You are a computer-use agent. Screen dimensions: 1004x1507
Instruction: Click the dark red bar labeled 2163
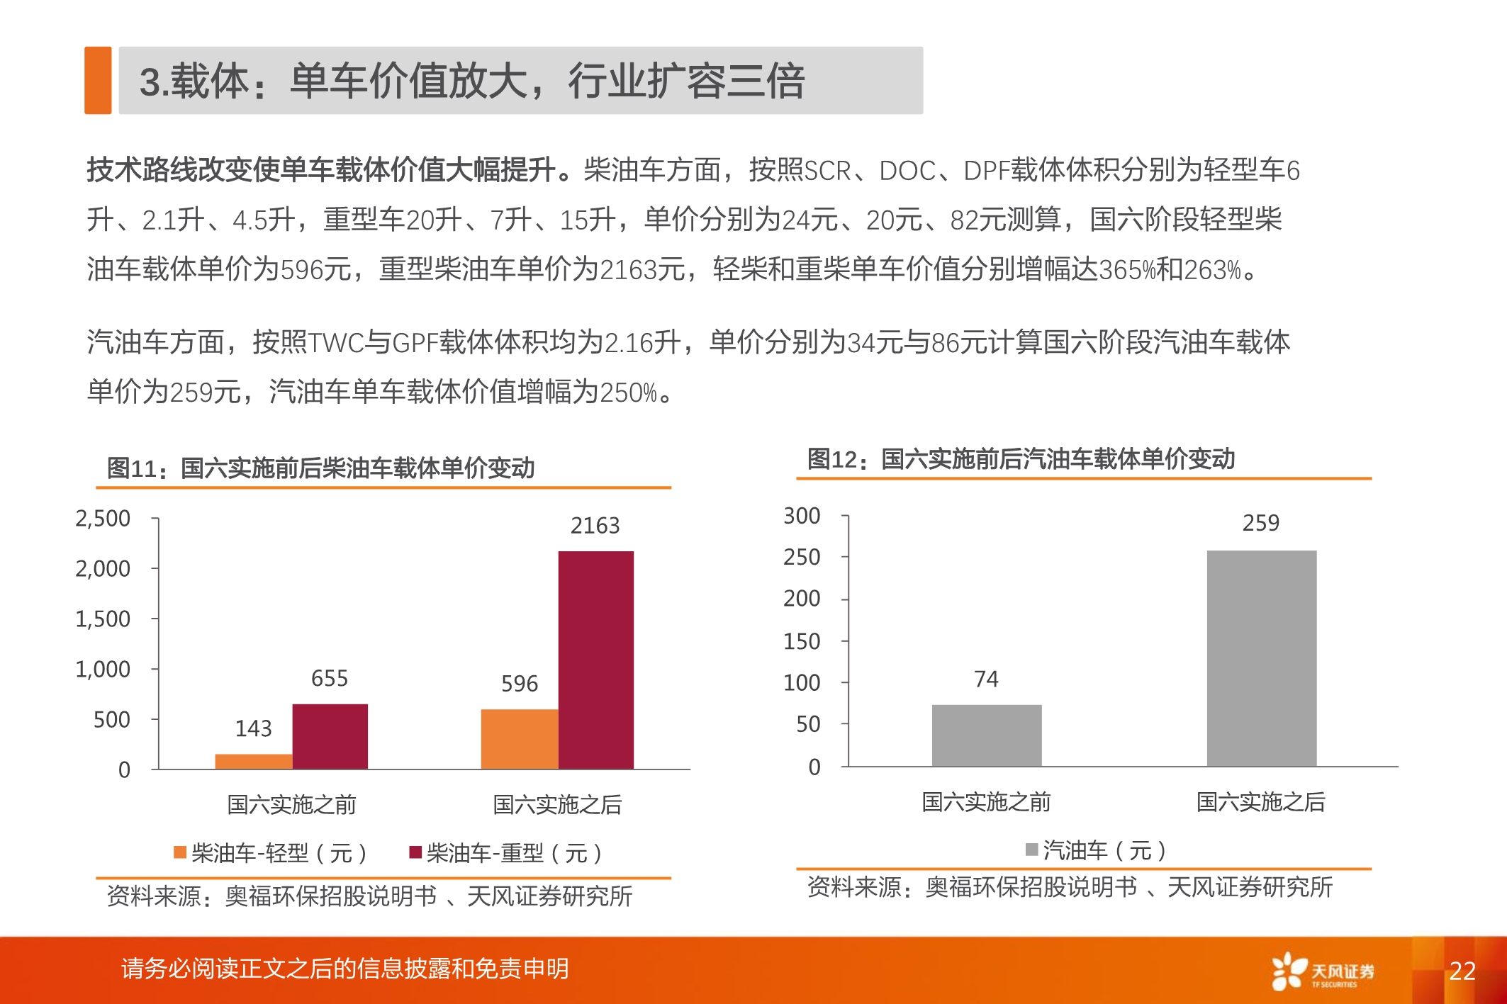(x=595, y=659)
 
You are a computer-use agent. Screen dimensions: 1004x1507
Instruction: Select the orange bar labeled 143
(x=253, y=761)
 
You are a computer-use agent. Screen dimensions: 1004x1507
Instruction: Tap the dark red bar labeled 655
(x=330, y=736)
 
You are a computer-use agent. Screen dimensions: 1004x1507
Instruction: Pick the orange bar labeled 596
(x=519, y=738)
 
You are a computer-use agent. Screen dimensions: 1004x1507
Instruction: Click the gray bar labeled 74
(x=986, y=735)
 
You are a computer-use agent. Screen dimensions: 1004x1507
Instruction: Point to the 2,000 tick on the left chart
(x=103, y=568)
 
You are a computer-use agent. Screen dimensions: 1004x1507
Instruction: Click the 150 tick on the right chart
(x=802, y=641)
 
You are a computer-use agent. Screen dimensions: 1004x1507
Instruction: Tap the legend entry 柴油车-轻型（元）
(x=271, y=852)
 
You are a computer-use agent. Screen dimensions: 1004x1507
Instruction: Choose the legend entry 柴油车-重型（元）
(x=506, y=852)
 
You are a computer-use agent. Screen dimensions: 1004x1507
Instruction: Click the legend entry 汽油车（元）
(x=1096, y=850)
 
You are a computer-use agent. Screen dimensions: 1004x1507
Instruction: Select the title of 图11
(x=320, y=468)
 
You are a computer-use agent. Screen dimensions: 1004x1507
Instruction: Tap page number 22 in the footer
(x=1462, y=970)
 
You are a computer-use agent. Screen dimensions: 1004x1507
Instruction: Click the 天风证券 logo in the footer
(x=1323, y=971)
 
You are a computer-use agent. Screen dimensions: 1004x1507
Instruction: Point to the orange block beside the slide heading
(x=98, y=80)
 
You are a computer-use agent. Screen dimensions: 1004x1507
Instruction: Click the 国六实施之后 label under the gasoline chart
(x=1260, y=802)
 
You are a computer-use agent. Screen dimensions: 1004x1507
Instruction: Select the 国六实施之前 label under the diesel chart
(x=291, y=804)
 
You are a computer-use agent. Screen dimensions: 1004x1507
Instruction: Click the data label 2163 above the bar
(x=595, y=525)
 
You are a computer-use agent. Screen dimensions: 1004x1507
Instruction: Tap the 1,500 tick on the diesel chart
(x=103, y=619)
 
